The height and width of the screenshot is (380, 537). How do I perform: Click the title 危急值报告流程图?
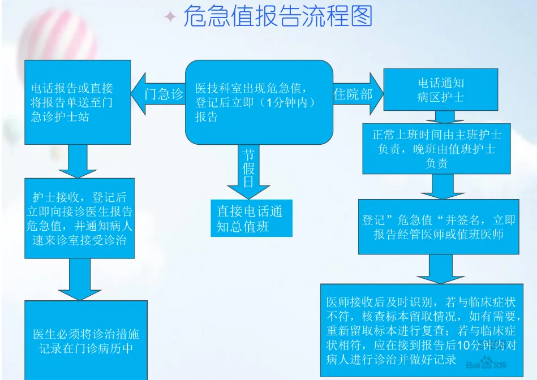(x=277, y=17)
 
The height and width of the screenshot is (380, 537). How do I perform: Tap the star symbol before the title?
(x=170, y=17)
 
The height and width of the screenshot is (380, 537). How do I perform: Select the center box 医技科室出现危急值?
(x=259, y=102)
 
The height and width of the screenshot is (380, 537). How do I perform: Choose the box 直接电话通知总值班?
(x=252, y=218)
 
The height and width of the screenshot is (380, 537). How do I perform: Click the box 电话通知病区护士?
(x=441, y=90)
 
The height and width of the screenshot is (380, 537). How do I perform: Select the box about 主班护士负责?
(x=436, y=149)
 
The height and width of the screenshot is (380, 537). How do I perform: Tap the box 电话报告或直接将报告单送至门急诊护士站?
(x=77, y=102)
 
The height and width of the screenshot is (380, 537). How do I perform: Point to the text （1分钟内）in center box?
(x=283, y=103)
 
